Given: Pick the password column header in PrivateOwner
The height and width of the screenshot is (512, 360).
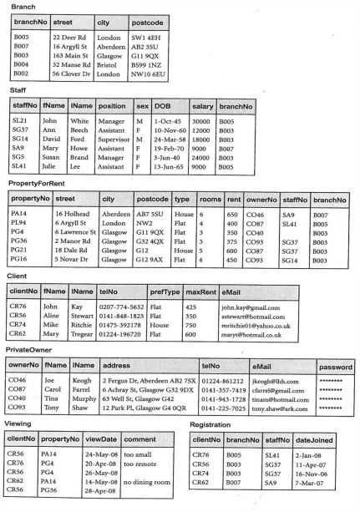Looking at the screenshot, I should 334,366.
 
